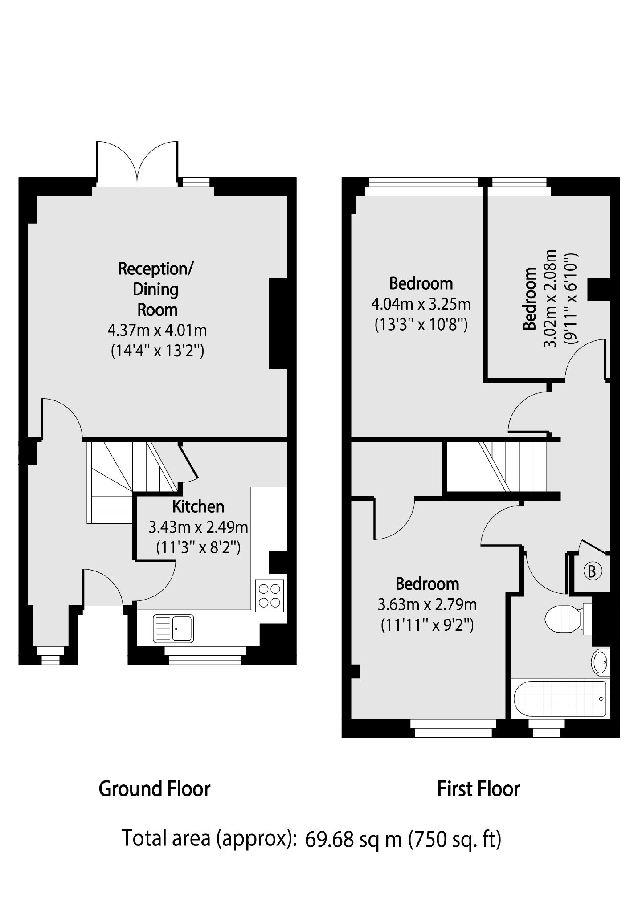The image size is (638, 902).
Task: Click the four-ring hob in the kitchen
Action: [x=270, y=596]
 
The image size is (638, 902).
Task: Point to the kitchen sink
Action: [x=173, y=629]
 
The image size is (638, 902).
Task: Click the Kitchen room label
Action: [x=198, y=506]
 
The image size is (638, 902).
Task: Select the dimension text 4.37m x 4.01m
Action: [x=157, y=331]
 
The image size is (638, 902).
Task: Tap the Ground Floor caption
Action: [x=154, y=788]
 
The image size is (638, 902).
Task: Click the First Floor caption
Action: [x=478, y=788]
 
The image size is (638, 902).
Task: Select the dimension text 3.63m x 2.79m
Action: [x=427, y=604]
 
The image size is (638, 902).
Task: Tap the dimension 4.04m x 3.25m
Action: [x=421, y=304]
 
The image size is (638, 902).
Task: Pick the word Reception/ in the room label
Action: [x=155, y=269]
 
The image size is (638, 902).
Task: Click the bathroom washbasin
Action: [x=601, y=663]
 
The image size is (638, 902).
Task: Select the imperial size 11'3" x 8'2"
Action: [x=198, y=547]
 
